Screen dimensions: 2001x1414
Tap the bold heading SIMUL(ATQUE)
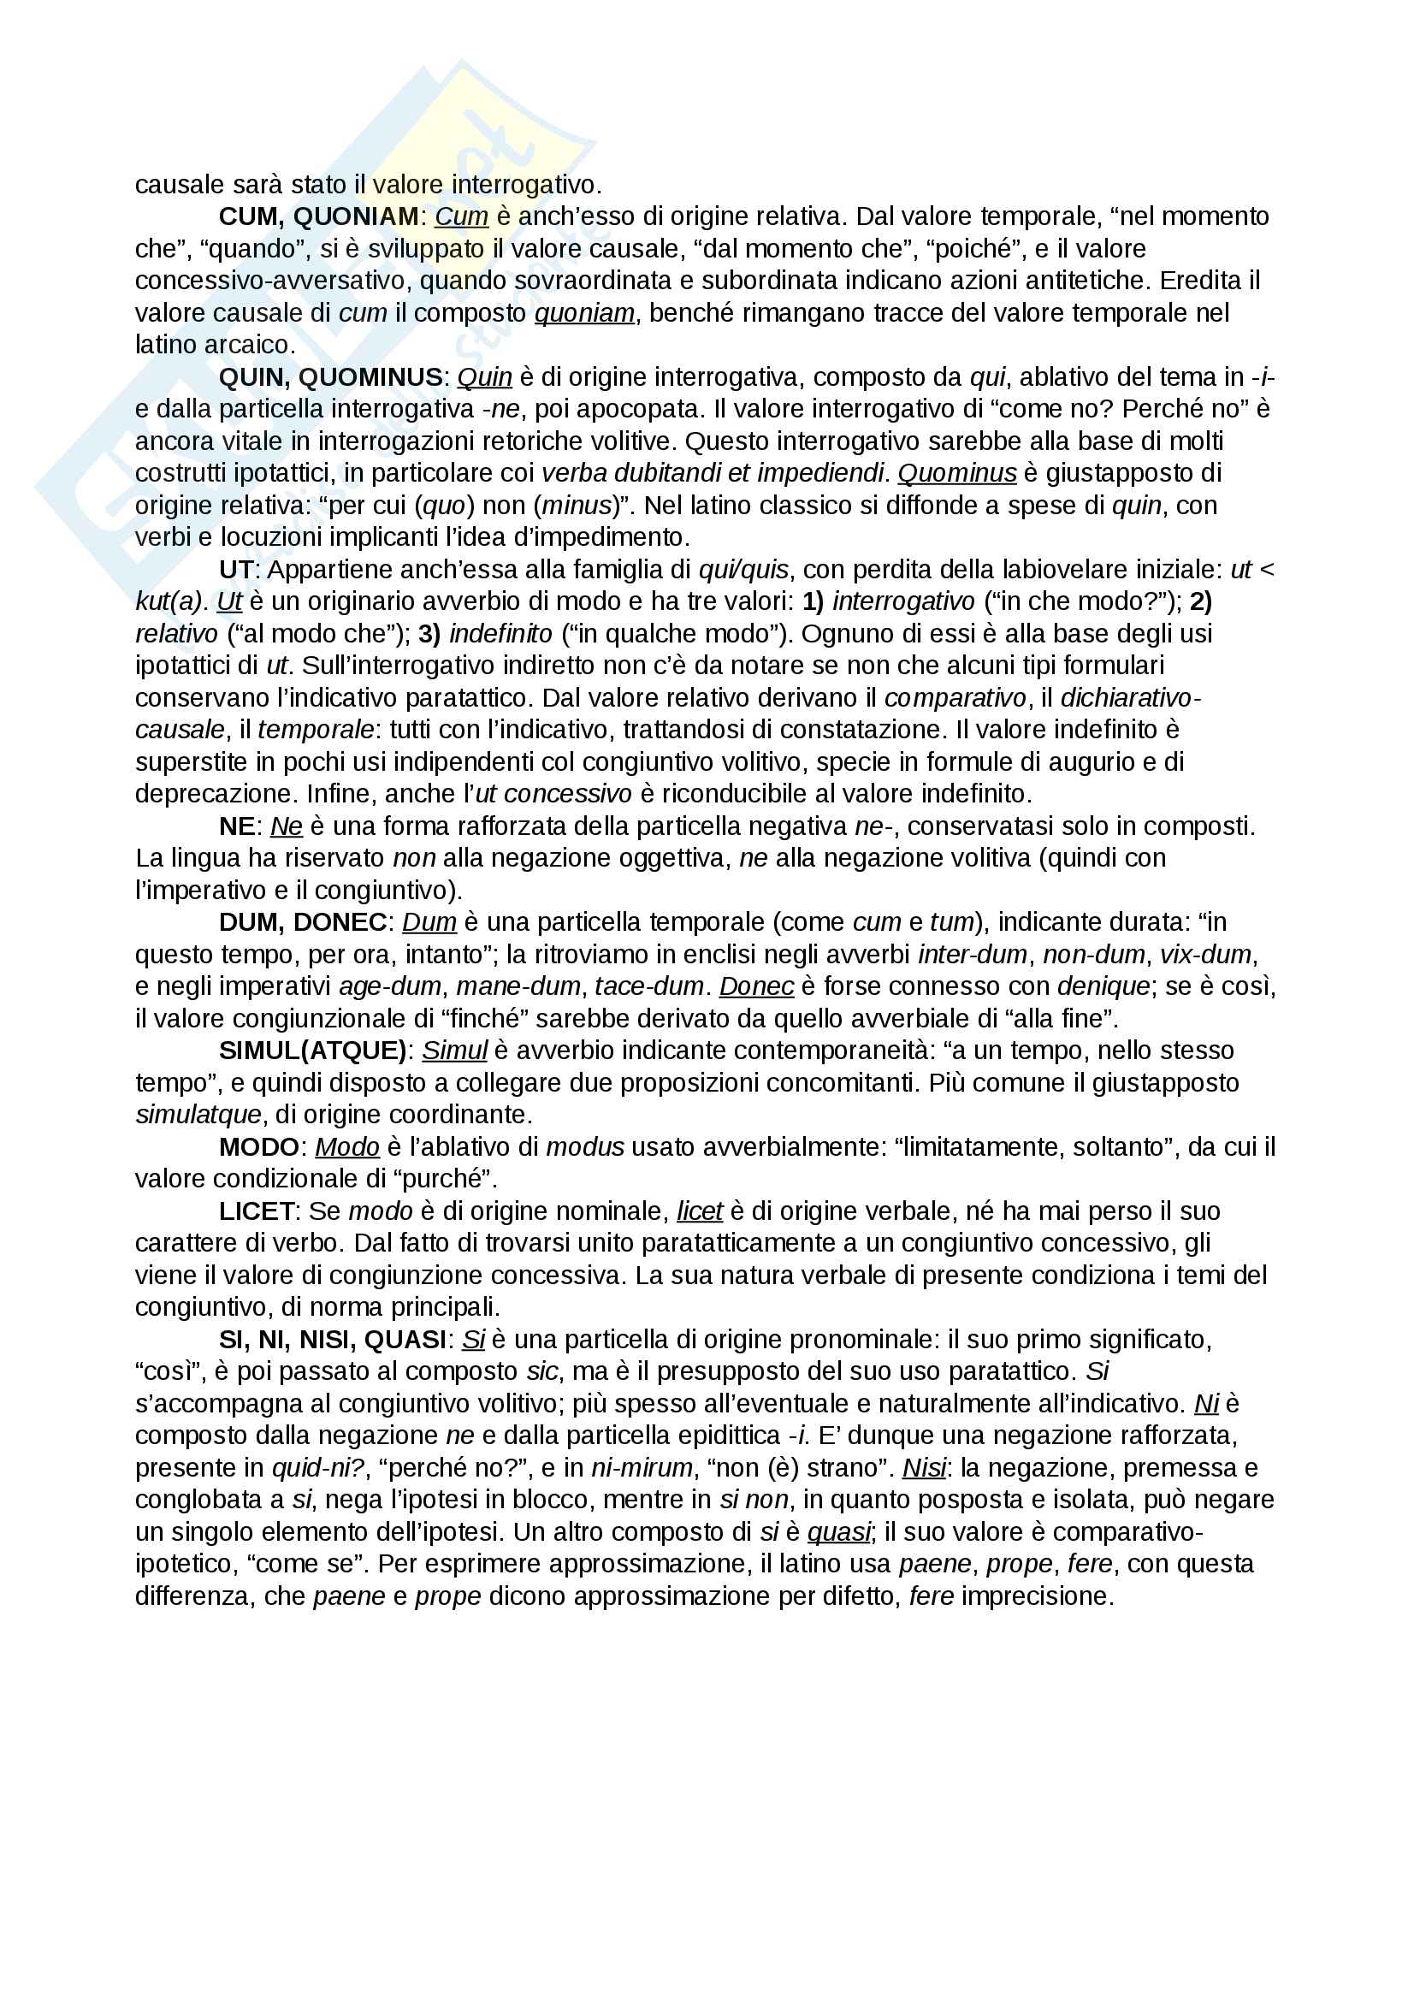[313, 1051]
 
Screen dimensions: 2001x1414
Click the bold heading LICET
[257, 1211]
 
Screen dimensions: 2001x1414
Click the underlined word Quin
[484, 377]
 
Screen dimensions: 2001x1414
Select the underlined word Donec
[756, 986]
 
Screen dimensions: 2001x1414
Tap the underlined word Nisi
[924, 1469]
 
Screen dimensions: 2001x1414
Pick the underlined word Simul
[454, 1051]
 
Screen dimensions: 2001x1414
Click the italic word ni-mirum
[642, 1469]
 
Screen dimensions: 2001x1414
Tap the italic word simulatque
[198, 1115]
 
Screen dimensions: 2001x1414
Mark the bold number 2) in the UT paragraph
[1200, 601]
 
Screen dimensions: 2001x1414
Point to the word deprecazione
[208, 794]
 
